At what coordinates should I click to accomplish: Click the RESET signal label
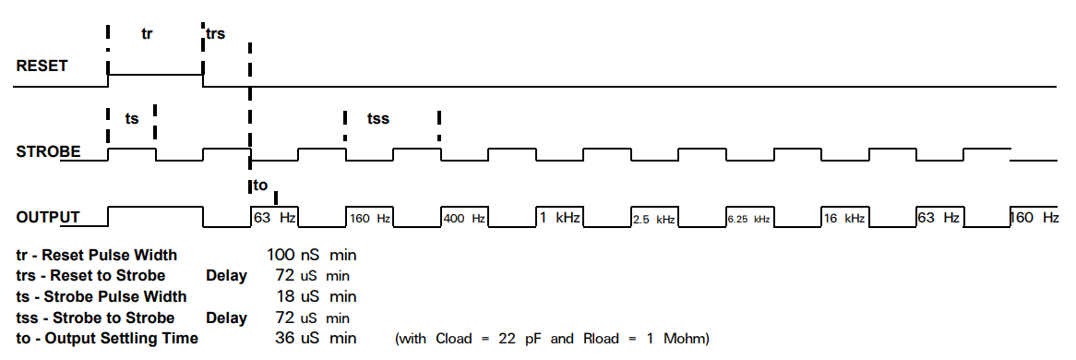pyautogui.click(x=42, y=66)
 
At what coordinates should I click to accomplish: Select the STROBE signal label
pyautogui.click(x=48, y=151)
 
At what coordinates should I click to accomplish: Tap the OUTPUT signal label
pyautogui.click(x=47, y=218)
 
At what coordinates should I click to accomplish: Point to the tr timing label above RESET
pyautogui.click(x=147, y=33)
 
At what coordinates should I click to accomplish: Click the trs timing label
pyautogui.click(x=215, y=33)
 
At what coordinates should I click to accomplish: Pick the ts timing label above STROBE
pyautogui.click(x=132, y=119)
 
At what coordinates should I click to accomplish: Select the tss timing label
pyautogui.click(x=378, y=119)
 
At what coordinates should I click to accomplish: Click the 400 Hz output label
pyautogui.click(x=465, y=219)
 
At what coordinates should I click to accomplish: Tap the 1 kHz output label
pyautogui.click(x=559, y=218)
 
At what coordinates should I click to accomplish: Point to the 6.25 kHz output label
pyautogui.click(x=748, y=220)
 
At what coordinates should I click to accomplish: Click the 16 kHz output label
pyautogui.click(x=844, y=219)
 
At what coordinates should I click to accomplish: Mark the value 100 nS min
pyautogui.click(x=312, y=255)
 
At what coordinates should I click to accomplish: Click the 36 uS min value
pyautogui.click(x=316, y=338)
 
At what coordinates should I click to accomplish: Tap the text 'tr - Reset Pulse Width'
pyautogui.click(x=97, y=255)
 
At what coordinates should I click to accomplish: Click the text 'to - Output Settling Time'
pyautogui.click(x=107, y=338)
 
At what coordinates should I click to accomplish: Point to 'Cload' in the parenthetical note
pyautogui.click(x=454, y=339)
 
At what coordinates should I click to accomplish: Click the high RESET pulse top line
pyautogui.click(x=156, y=74)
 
